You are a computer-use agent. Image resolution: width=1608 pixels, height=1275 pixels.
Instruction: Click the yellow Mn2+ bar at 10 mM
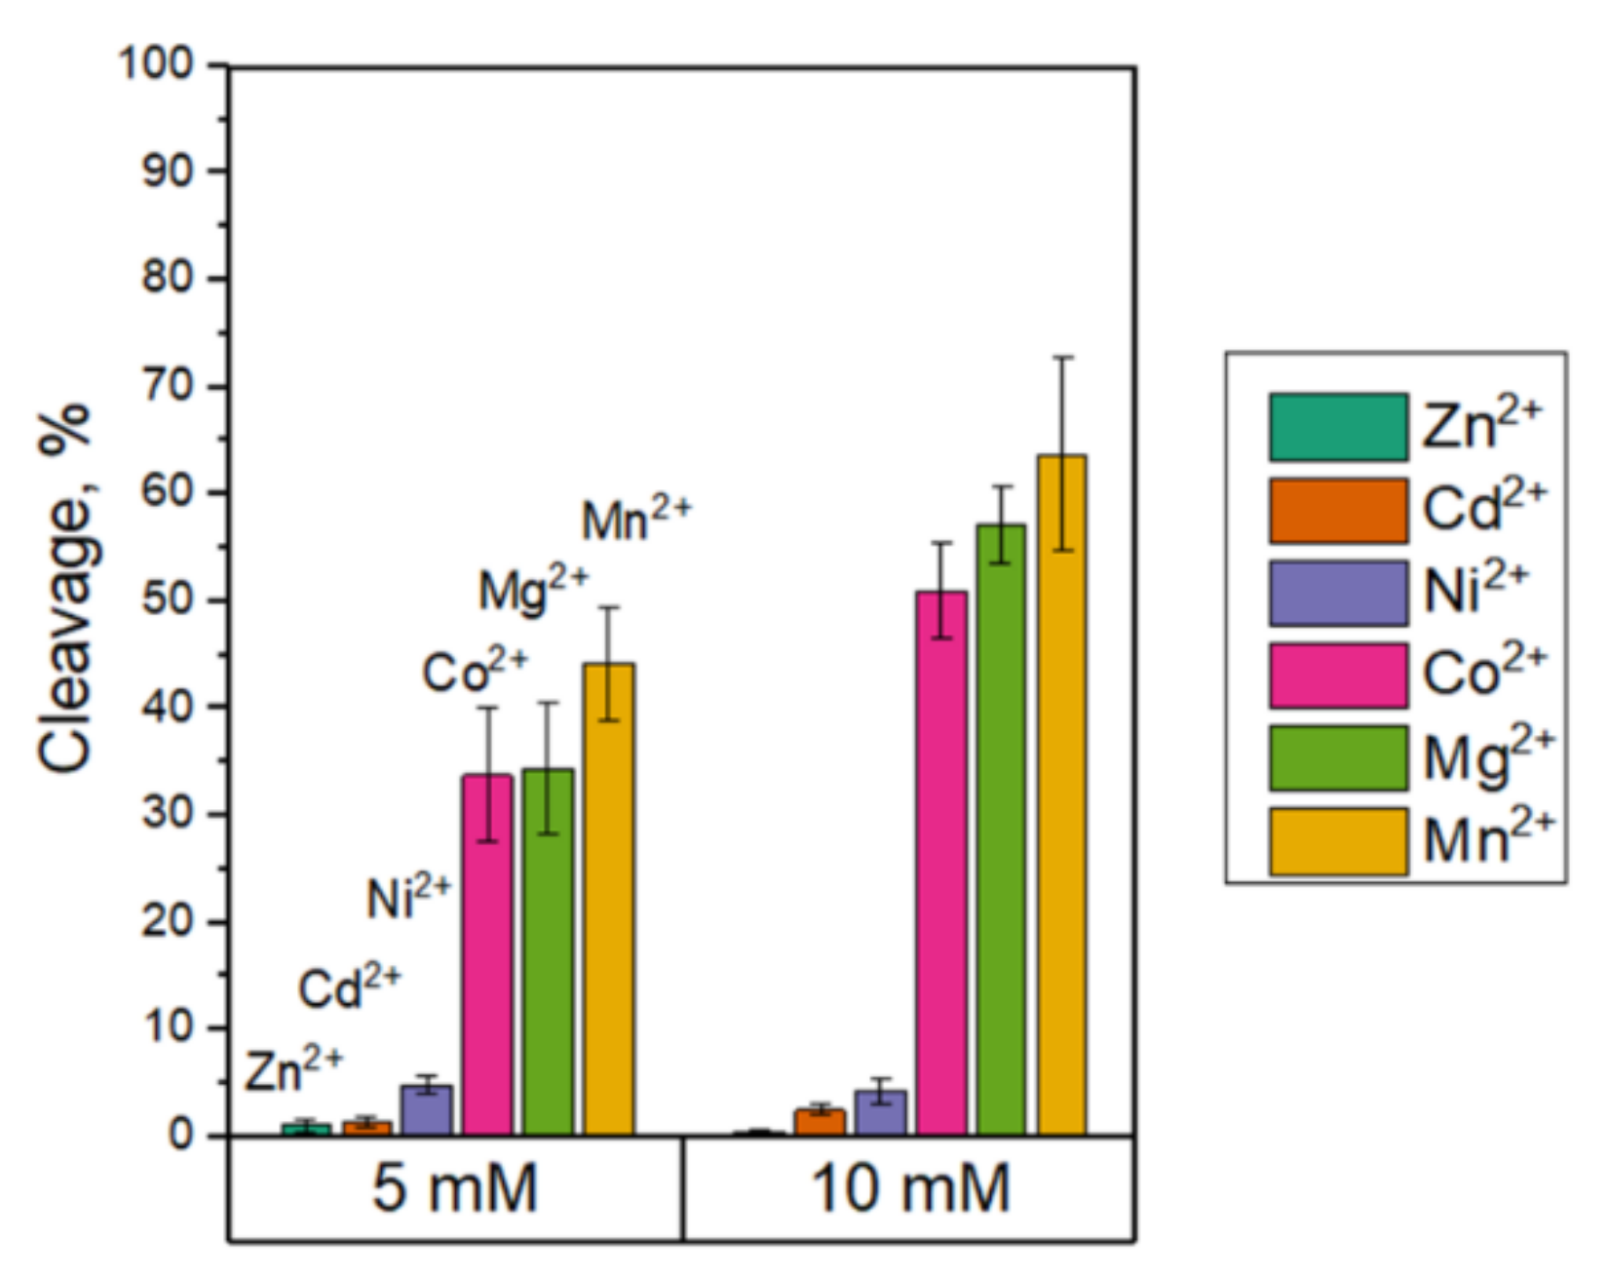coord(1061,794)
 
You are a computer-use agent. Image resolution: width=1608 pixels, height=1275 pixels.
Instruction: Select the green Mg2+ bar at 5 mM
coord(548,952)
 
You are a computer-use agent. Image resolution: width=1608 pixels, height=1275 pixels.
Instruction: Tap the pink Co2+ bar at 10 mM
coord(941,863)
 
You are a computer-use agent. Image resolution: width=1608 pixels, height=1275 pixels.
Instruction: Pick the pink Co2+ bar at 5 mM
coord(487,955)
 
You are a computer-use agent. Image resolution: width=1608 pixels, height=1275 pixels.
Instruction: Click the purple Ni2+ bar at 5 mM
coord(427,1111)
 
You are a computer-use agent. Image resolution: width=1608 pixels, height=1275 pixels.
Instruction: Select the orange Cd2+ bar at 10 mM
coord(820,1123)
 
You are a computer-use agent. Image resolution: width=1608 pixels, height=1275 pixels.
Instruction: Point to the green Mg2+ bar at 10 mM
coord(1001,830)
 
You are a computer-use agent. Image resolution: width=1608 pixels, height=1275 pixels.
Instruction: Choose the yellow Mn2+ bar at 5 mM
coord(609,899)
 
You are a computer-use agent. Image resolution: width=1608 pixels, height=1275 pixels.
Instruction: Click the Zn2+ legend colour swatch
coord(1338,427)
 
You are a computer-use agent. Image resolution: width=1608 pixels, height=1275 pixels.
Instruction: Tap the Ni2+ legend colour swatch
coord(1338,593)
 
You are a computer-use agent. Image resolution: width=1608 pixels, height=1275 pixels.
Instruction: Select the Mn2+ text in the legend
coord(1487,839)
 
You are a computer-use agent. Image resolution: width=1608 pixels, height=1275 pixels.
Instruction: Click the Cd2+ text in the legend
coord(1483,508)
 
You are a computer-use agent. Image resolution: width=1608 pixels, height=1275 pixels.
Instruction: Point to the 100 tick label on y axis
coord(157,64)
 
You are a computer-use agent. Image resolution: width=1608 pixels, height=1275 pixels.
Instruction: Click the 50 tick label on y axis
coord(169,599)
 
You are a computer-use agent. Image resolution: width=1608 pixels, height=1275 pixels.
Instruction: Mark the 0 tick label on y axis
coord(181,1135)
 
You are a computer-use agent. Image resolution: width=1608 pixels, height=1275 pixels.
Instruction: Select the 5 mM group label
coord(455,1189)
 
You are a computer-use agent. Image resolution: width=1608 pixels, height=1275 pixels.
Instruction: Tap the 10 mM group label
coord(910,1189)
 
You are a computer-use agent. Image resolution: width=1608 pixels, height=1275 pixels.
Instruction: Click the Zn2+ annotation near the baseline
coord(293,1070)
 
